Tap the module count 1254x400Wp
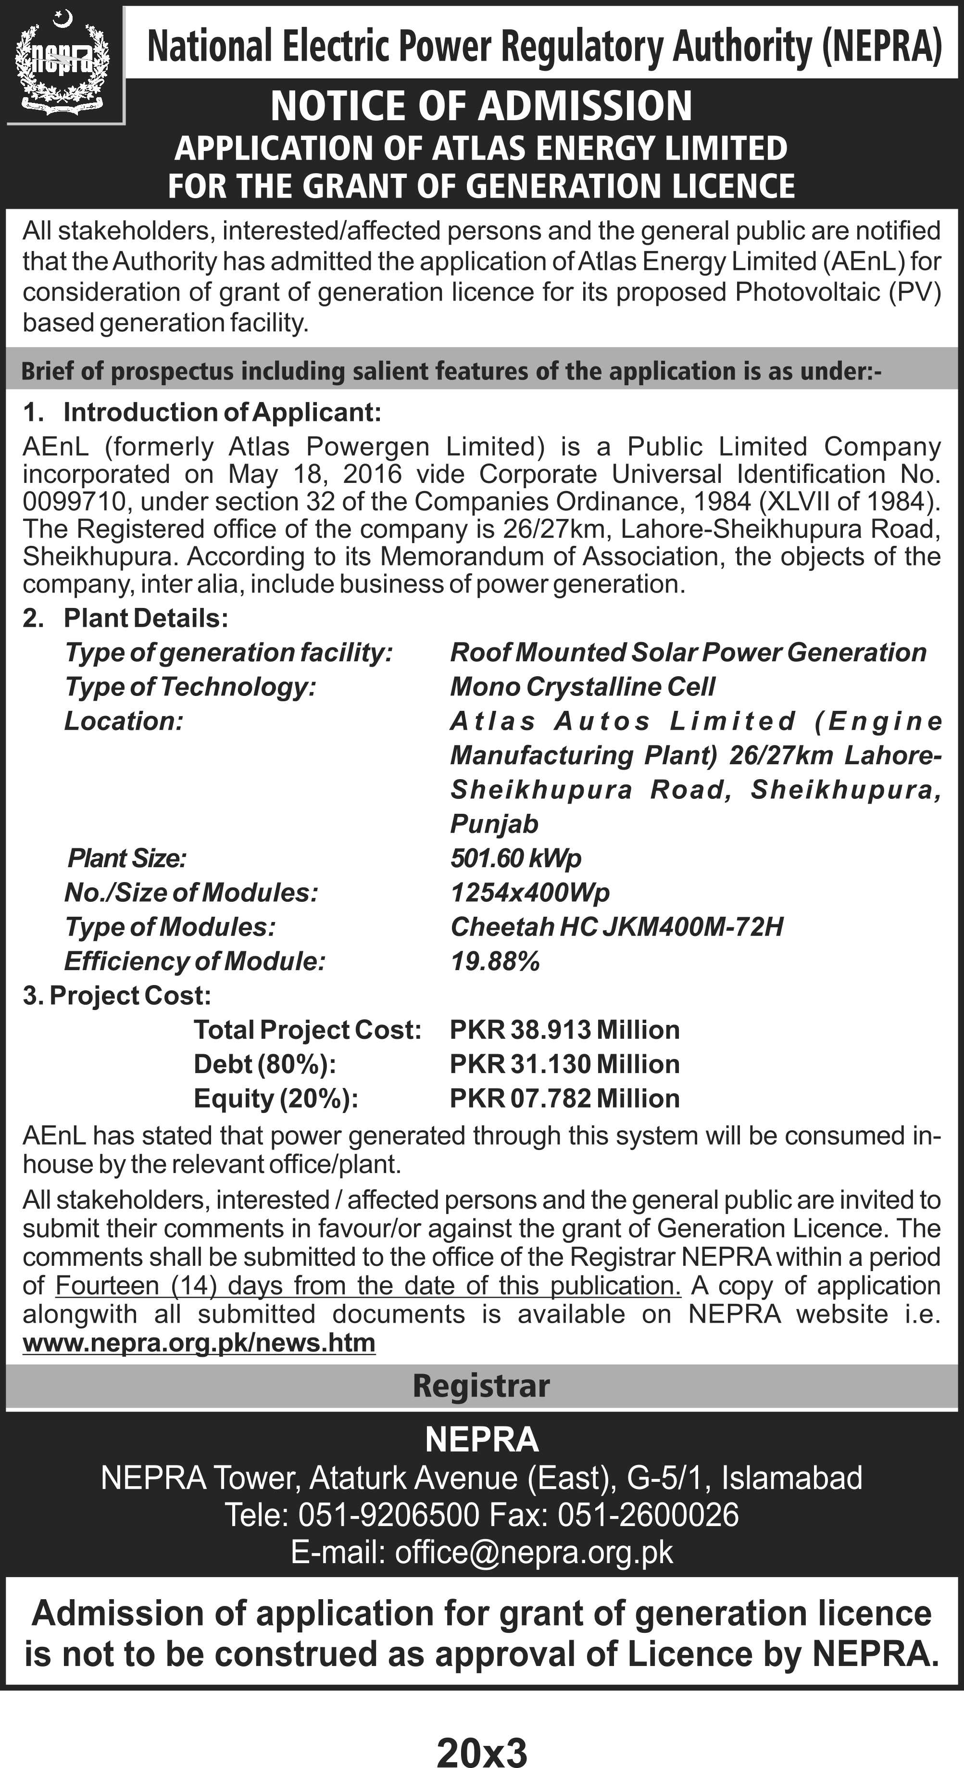click(x=530, y=892)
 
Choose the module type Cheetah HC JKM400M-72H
click(x=616, y=926)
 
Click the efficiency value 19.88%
click(x=495, y=961)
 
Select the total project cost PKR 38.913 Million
click(x=564, y=1030)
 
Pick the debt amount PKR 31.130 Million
click(x=564, y=1064)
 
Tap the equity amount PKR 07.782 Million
click(x=564, y=1098)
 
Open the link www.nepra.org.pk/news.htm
click(x=199, y=1342)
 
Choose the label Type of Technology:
click(x=190, y=686)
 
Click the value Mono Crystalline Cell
click(x=582, y=686)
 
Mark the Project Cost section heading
click(x=117, y=995)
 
